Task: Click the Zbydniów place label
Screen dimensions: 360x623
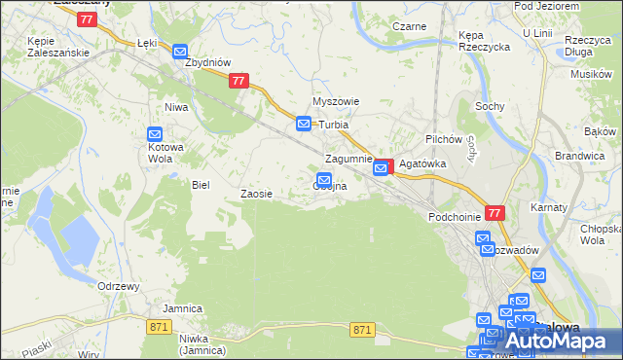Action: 207,62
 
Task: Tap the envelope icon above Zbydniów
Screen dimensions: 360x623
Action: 180,51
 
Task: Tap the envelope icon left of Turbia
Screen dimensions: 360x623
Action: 304,125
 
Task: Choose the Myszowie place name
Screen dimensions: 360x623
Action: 336,101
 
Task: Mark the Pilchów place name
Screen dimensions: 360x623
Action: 442,140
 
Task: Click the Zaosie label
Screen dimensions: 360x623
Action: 256,194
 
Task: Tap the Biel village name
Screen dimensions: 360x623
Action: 202,184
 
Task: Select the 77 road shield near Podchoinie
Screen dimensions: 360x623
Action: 495,213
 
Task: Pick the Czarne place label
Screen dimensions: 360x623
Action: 409,26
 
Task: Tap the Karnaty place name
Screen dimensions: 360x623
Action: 548,207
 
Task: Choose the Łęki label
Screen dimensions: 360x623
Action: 147,44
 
